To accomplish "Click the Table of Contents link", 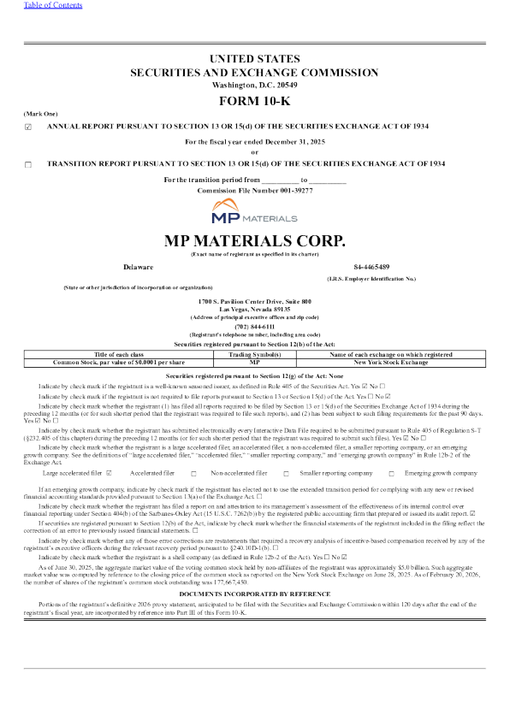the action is [28, 4].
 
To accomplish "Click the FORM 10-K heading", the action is [254, 102].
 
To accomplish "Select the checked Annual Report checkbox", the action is [28, 127].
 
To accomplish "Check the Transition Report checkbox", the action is [28, 163].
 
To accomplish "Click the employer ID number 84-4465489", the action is [371, 267].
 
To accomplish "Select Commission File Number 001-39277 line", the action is [254, 190].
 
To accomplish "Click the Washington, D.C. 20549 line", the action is [254, 86].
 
